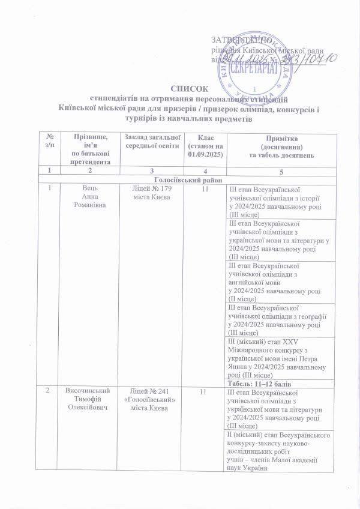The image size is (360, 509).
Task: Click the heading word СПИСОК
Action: coord(179,88)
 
